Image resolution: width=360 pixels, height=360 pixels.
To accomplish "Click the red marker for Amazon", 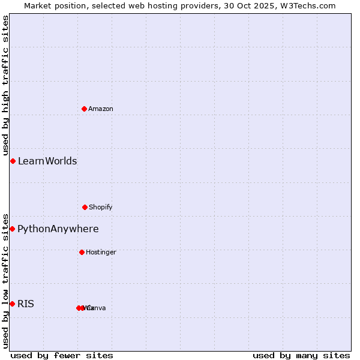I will [x=84, y=109].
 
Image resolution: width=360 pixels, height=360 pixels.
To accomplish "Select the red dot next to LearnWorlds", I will [x=13, y=161].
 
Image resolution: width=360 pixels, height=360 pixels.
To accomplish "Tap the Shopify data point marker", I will [x=85, y=207].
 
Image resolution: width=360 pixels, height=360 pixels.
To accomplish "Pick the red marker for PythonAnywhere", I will [x=12, y=229].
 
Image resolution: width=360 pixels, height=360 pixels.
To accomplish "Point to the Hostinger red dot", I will [x=82, y=252].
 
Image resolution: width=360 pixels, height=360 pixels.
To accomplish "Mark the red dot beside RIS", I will [x=12, y=304].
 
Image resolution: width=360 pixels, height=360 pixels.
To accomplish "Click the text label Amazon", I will [x=101, y=109].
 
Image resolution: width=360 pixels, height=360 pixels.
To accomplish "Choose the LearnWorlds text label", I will [x=47, y=161].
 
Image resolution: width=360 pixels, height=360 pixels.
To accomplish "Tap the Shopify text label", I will [x=101, y=207].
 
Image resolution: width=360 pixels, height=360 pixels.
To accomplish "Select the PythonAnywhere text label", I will [x=58, y=229].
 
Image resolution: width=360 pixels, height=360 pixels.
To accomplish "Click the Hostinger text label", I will [x=101, y=252].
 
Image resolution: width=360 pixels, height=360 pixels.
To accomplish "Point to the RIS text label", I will [x=26, y=304].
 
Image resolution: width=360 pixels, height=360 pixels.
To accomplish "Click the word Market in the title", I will [x=38, y=5].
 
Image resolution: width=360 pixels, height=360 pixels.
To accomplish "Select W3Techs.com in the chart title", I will [x=308, y=5].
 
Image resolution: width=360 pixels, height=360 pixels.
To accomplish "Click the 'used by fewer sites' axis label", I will [x=62, y=355].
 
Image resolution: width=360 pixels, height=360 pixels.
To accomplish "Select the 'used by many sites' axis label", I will [x=301, y=355].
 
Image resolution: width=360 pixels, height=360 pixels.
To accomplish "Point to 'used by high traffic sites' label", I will [x=5, y=85].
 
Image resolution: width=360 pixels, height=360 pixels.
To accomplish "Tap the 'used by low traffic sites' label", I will [x=5, y=280].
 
